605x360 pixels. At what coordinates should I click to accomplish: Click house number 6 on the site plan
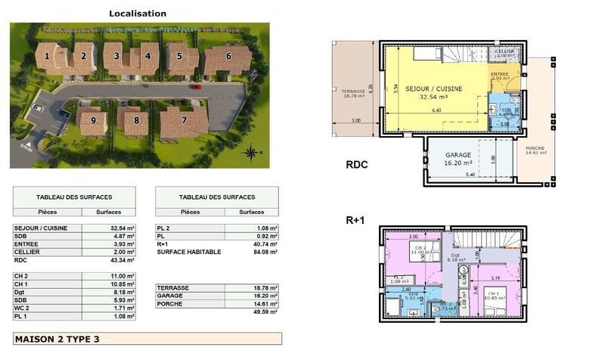coord(228,55)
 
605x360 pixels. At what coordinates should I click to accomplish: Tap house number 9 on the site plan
coord(93,120)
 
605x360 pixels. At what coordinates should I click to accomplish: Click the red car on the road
coord(196,87)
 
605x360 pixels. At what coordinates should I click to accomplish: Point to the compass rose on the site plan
coord(250,153)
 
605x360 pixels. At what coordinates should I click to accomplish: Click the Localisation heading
coord(138,14)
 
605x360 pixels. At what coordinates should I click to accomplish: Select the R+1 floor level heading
coord(356,221)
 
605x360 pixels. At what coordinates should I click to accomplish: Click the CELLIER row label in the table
coord(27,252)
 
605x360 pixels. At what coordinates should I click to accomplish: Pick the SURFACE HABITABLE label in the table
coord(189,252)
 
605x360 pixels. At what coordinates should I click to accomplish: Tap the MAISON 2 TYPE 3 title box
coord(147,338)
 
